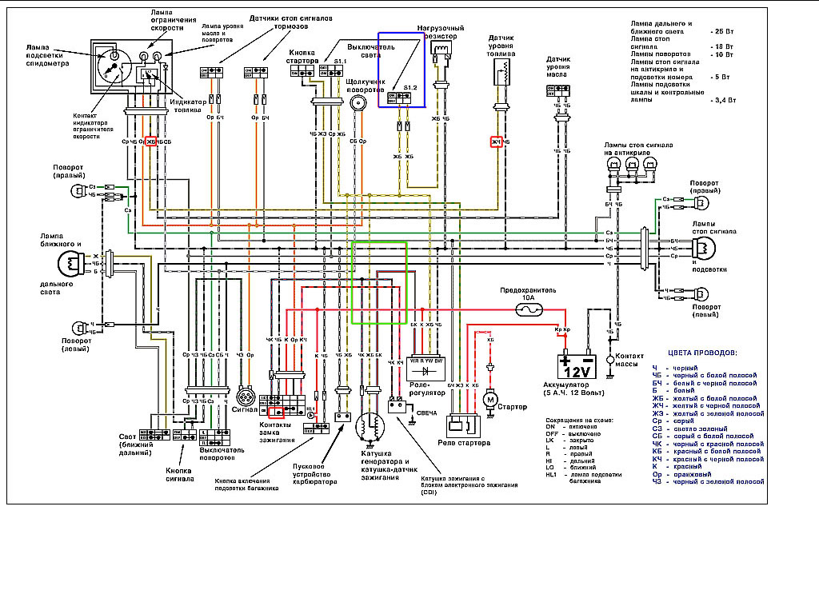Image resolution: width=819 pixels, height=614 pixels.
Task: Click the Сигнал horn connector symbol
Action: tap(246, 397)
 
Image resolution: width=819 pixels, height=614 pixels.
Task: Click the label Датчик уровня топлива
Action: tap(501, 49)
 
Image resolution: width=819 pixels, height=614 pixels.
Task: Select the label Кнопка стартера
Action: tap(302, 57)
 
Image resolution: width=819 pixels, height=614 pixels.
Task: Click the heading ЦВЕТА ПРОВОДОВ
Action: tap(702, 352)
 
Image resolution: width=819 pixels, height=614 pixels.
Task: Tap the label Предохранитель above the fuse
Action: tap(528, 289)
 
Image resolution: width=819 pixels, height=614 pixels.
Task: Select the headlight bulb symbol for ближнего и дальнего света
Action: tap(70, 262)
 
